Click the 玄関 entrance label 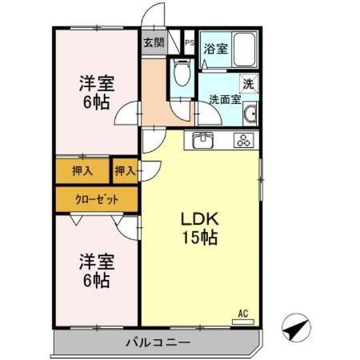154,43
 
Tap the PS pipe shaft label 190,43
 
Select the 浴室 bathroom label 214,49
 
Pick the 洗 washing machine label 249,84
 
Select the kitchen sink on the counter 203,141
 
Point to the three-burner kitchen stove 242,141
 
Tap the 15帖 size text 199,238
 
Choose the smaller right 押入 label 124,170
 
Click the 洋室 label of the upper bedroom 95,82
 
